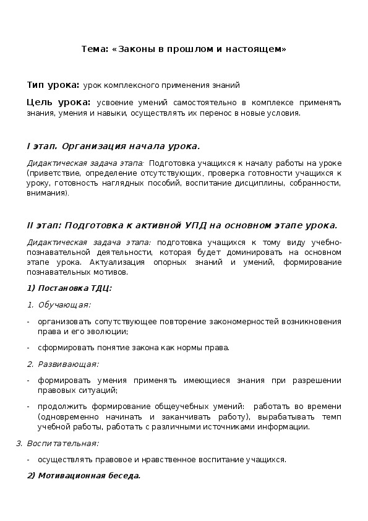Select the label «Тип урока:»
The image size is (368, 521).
(x=53, y=85)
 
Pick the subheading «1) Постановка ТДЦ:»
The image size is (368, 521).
(x=69, y=288)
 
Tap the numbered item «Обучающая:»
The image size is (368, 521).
(x=64, y=304)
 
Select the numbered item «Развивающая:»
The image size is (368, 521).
(x=68, y=364)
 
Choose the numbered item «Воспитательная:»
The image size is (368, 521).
(x=63, y=443)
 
